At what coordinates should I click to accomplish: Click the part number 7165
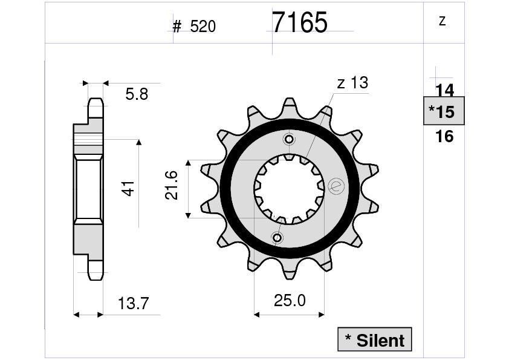299,23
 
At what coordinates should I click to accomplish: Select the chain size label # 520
194,27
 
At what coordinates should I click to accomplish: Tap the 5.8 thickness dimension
137,94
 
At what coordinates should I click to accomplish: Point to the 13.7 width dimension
133,304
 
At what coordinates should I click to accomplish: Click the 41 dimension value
128,188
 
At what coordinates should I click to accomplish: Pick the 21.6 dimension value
171,185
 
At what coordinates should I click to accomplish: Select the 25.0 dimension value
290,301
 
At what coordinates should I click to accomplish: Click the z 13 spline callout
352,83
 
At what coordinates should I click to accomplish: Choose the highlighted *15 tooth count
444,111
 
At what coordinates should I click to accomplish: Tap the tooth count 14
444,90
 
